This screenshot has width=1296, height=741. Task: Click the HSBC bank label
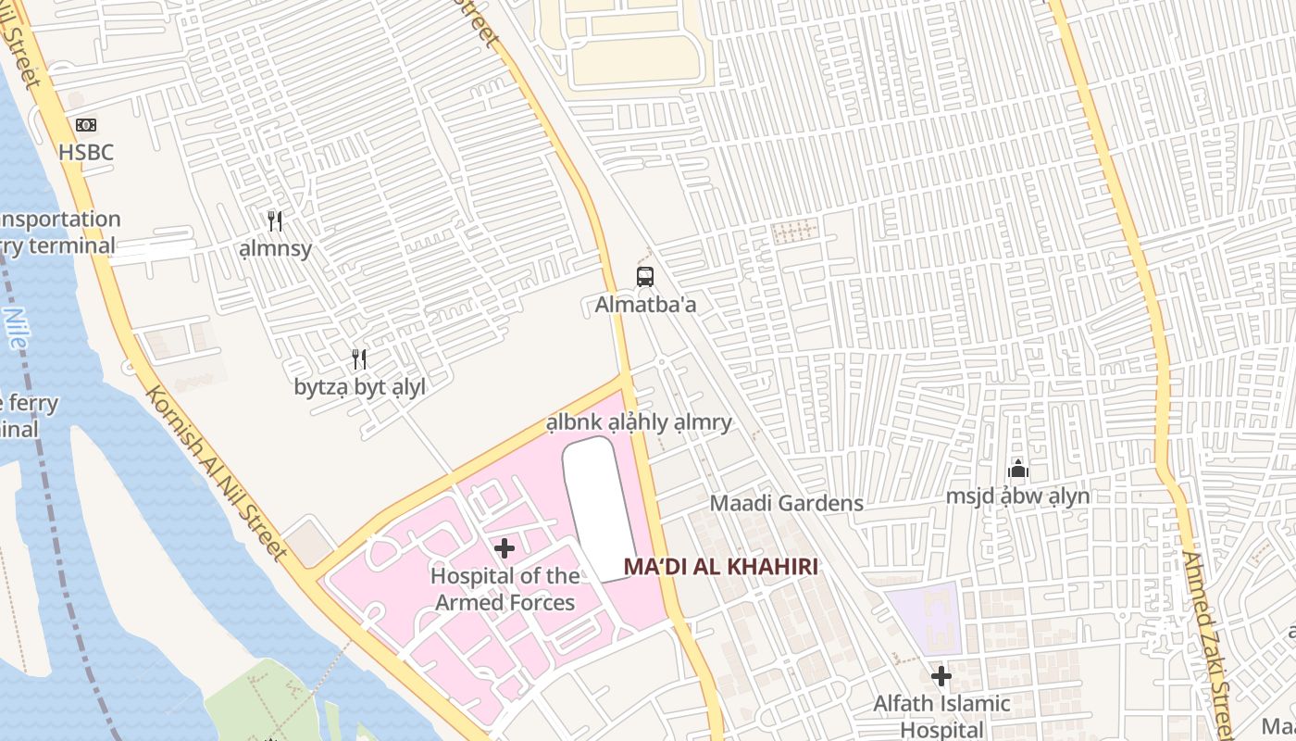[86, 152]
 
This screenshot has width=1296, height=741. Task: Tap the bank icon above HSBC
[86, 125]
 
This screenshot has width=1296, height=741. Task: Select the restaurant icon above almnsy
[275, 220]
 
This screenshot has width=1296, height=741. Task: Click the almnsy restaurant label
[275, 248]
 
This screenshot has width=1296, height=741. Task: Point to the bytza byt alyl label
[359, 387]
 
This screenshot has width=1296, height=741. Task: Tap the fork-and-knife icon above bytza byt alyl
[359, 359]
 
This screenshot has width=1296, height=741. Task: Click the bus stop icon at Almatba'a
[645, 276]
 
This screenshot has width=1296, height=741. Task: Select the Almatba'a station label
[645, 304]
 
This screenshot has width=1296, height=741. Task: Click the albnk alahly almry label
[639, 423]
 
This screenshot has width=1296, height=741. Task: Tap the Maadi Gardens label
[786, 503]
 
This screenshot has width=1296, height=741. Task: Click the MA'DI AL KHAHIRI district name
[721, 566]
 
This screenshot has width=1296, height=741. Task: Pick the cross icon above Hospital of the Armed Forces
[505, 548]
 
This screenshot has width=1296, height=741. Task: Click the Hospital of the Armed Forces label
[505, 589]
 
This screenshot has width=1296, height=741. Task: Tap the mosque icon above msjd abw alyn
[1018, 470]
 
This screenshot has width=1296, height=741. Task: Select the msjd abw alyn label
[1017, 496]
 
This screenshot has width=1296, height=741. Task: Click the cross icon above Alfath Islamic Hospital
[941, 676]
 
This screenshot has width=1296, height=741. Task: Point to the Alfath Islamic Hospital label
[941, 716]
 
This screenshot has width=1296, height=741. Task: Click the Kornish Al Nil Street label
[215, 472]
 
